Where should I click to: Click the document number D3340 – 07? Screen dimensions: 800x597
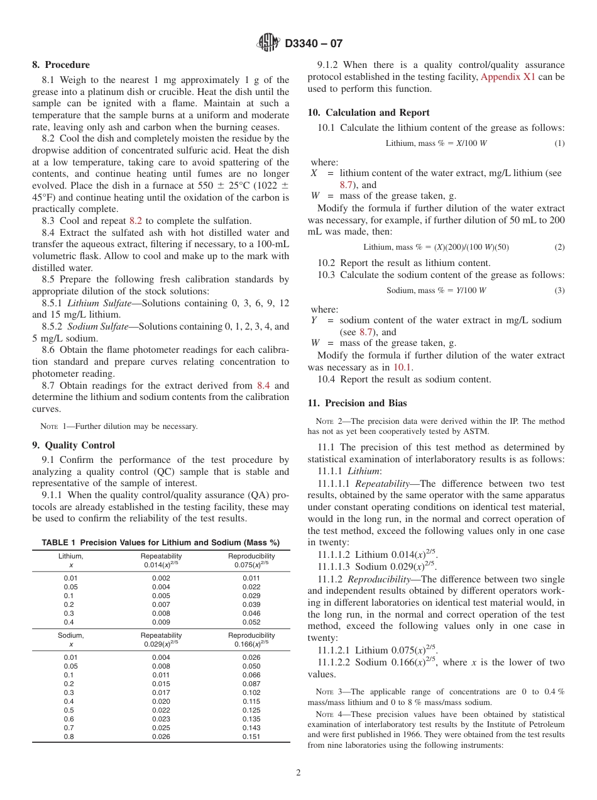[x=314, y=44]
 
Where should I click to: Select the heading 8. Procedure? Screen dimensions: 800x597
[x=61, y=65]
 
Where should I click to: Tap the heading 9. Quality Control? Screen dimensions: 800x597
[x=74, y=445]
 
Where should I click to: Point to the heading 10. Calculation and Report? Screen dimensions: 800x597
[x=368, y=113]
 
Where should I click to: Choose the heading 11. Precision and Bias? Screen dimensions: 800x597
[x=357, y=403]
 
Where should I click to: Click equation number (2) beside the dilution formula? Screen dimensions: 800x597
[x=559, y=247]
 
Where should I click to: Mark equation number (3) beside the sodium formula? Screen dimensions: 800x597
[x=559, y=291]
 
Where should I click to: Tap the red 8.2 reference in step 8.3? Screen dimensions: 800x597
[x=136, y=221]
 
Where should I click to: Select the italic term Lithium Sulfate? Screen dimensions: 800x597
[x=99, y=303]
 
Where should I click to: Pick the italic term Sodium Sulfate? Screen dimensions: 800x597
[x=99, y=326]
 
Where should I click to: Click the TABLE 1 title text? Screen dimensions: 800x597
[x=161, y=543]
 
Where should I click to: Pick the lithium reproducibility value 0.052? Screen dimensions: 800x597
[x=251, y=622]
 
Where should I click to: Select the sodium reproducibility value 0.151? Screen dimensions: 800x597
[x=251, y=736]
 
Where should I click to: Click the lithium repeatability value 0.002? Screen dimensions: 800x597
[x=161, y=578]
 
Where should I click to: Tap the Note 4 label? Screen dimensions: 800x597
[x=327, y=714]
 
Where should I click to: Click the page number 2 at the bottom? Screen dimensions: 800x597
[x=298, y=773]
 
